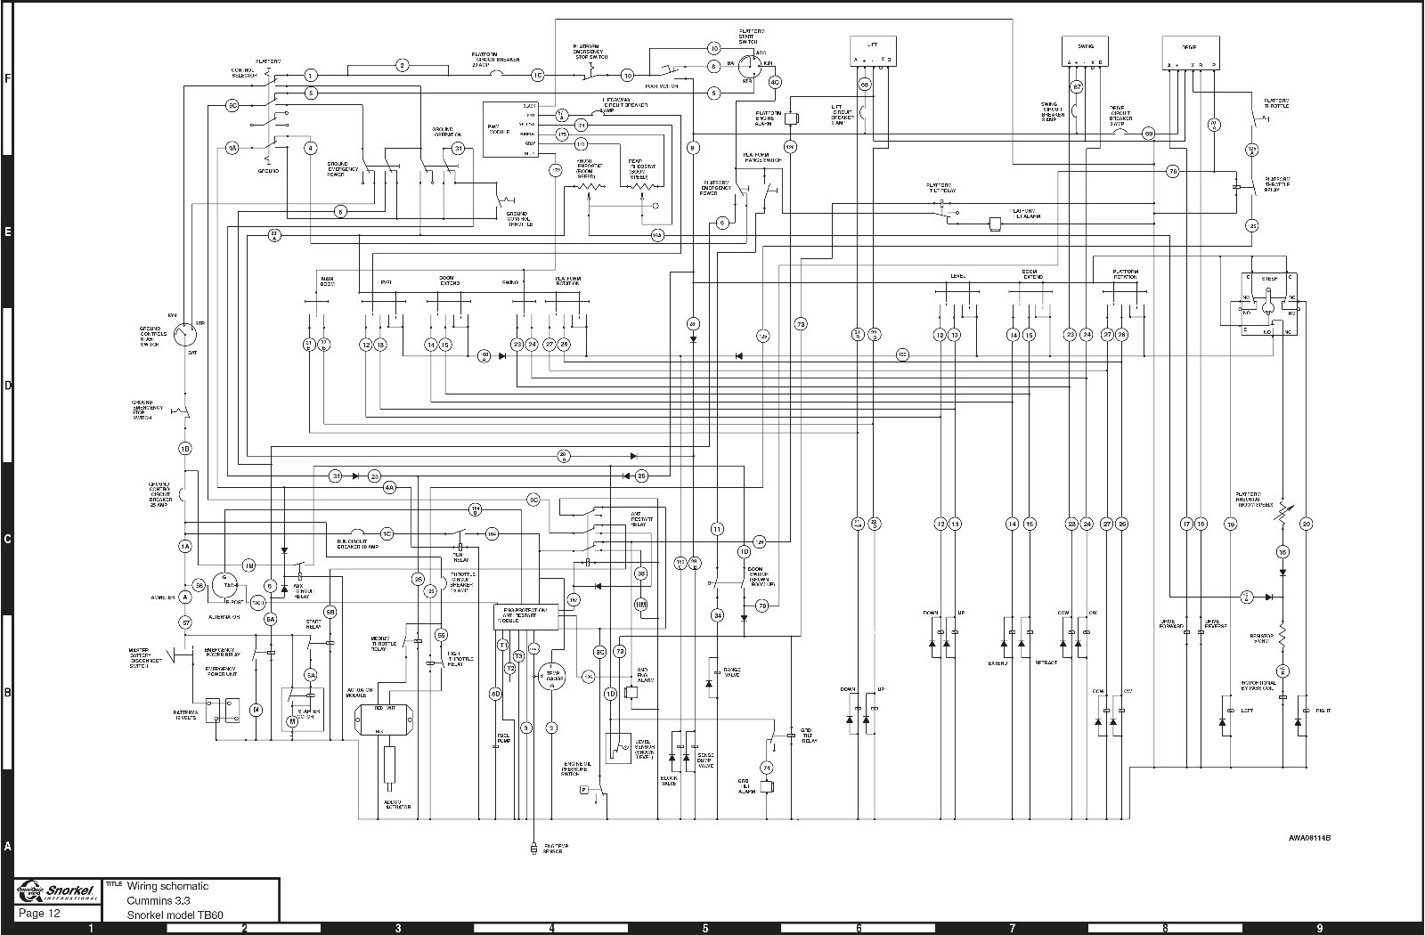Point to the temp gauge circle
coord(551,676)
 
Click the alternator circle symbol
coord(228,585)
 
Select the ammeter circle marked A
coord(185,598)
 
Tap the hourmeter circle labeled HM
coord(641,605)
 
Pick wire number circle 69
coord(1149,134)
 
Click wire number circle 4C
coord(775,82)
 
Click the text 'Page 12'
coord(40,914)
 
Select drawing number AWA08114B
coord(1315,837)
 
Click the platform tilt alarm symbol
coord(997,223)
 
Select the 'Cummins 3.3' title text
coord(157,900)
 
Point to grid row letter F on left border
coord(8,78)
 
